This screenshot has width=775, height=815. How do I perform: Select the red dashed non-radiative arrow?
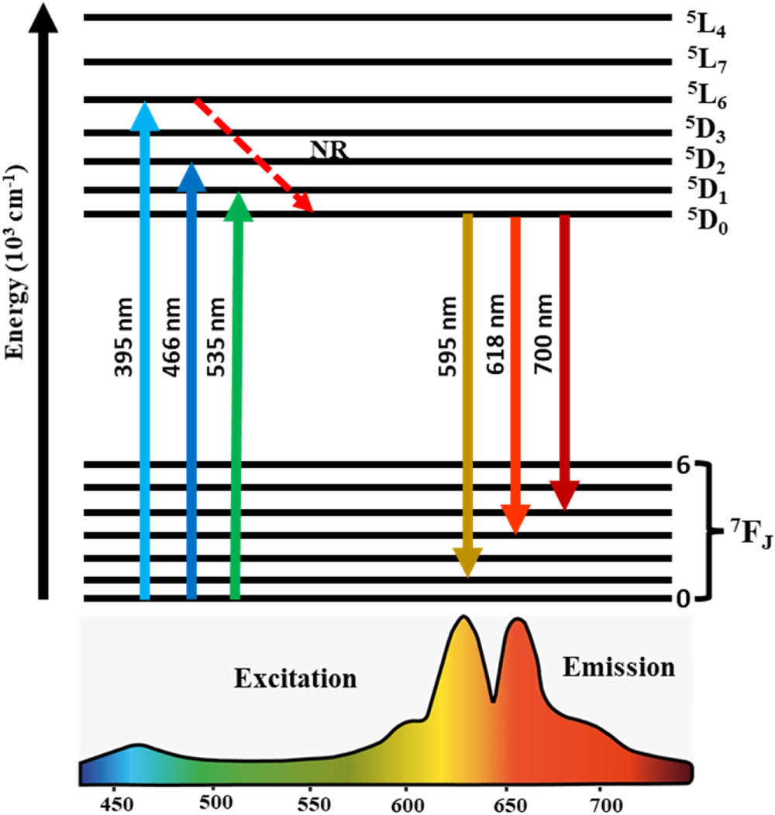point(253,155)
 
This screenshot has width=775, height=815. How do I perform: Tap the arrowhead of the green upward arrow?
point(239,206)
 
